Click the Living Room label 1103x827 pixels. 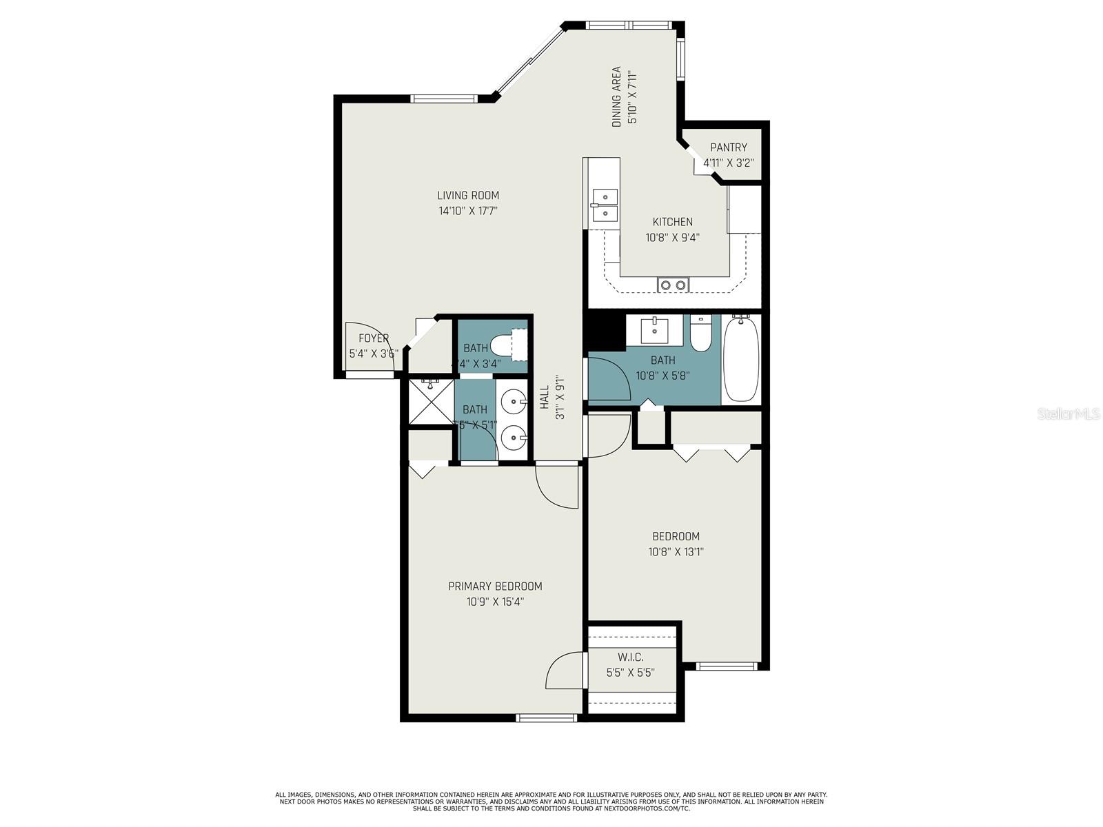tap(467, 195)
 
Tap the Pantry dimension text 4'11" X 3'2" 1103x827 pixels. tap(728, 163)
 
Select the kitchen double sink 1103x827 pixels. tap(605, 205)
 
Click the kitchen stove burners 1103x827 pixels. tap(673, 285)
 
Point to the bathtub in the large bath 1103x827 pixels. tap(741, 359)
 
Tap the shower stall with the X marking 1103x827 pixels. tap(431, 402)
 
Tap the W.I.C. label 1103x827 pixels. tap(630, 657)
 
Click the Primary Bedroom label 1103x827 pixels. tap(495, 586)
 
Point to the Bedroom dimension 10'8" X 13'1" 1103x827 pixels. tap(676, 552)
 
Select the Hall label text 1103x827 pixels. tap(545, 398)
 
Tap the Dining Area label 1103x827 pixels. tap(617, 96)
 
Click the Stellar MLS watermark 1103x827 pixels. tap(1068, 414)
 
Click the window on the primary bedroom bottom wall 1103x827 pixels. tap(547, 718)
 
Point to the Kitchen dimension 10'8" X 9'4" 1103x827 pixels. tap(673, 238)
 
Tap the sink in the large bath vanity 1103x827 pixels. tap(654, 331)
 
